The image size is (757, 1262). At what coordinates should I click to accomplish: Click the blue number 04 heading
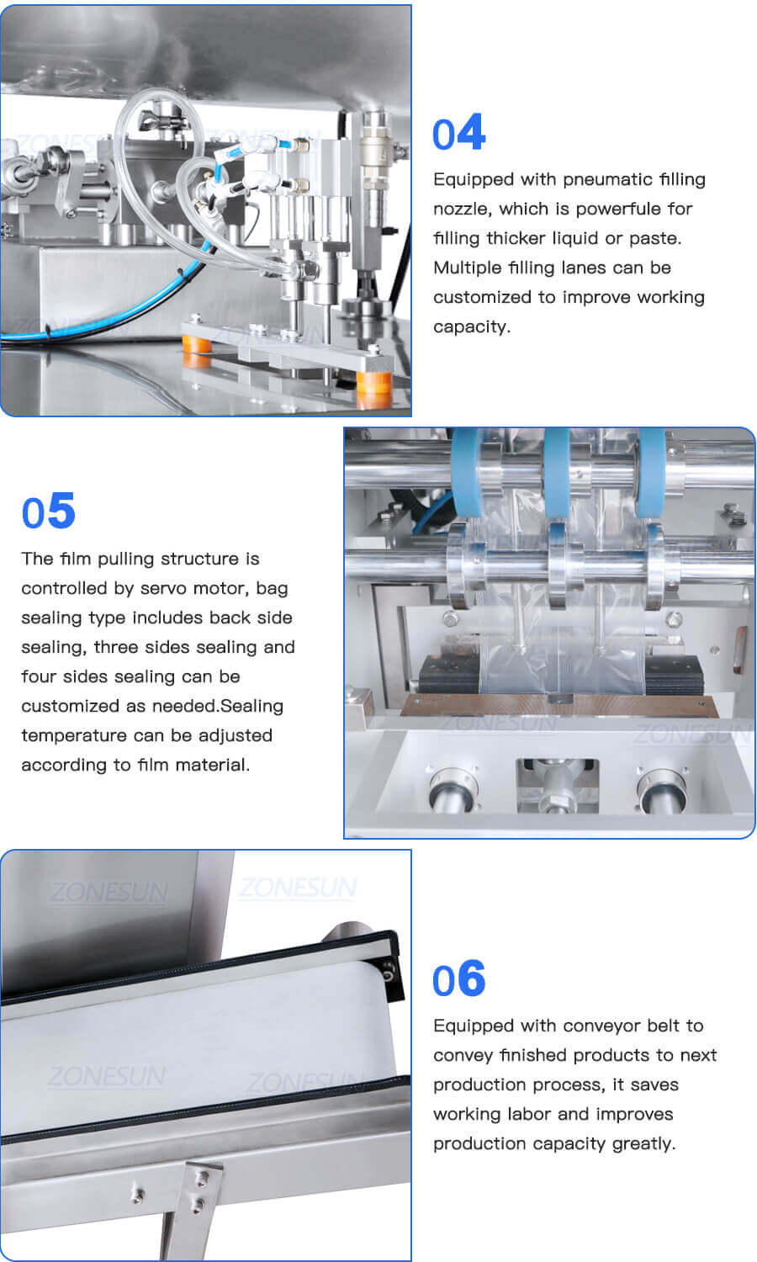click(x=458, y=134)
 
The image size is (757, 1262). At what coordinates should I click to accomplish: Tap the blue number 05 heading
click(x=49, y=512)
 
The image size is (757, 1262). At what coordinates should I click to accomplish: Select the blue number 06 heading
click(x=458, y=979)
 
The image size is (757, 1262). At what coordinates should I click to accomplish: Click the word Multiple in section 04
click(x=465, y=268)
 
